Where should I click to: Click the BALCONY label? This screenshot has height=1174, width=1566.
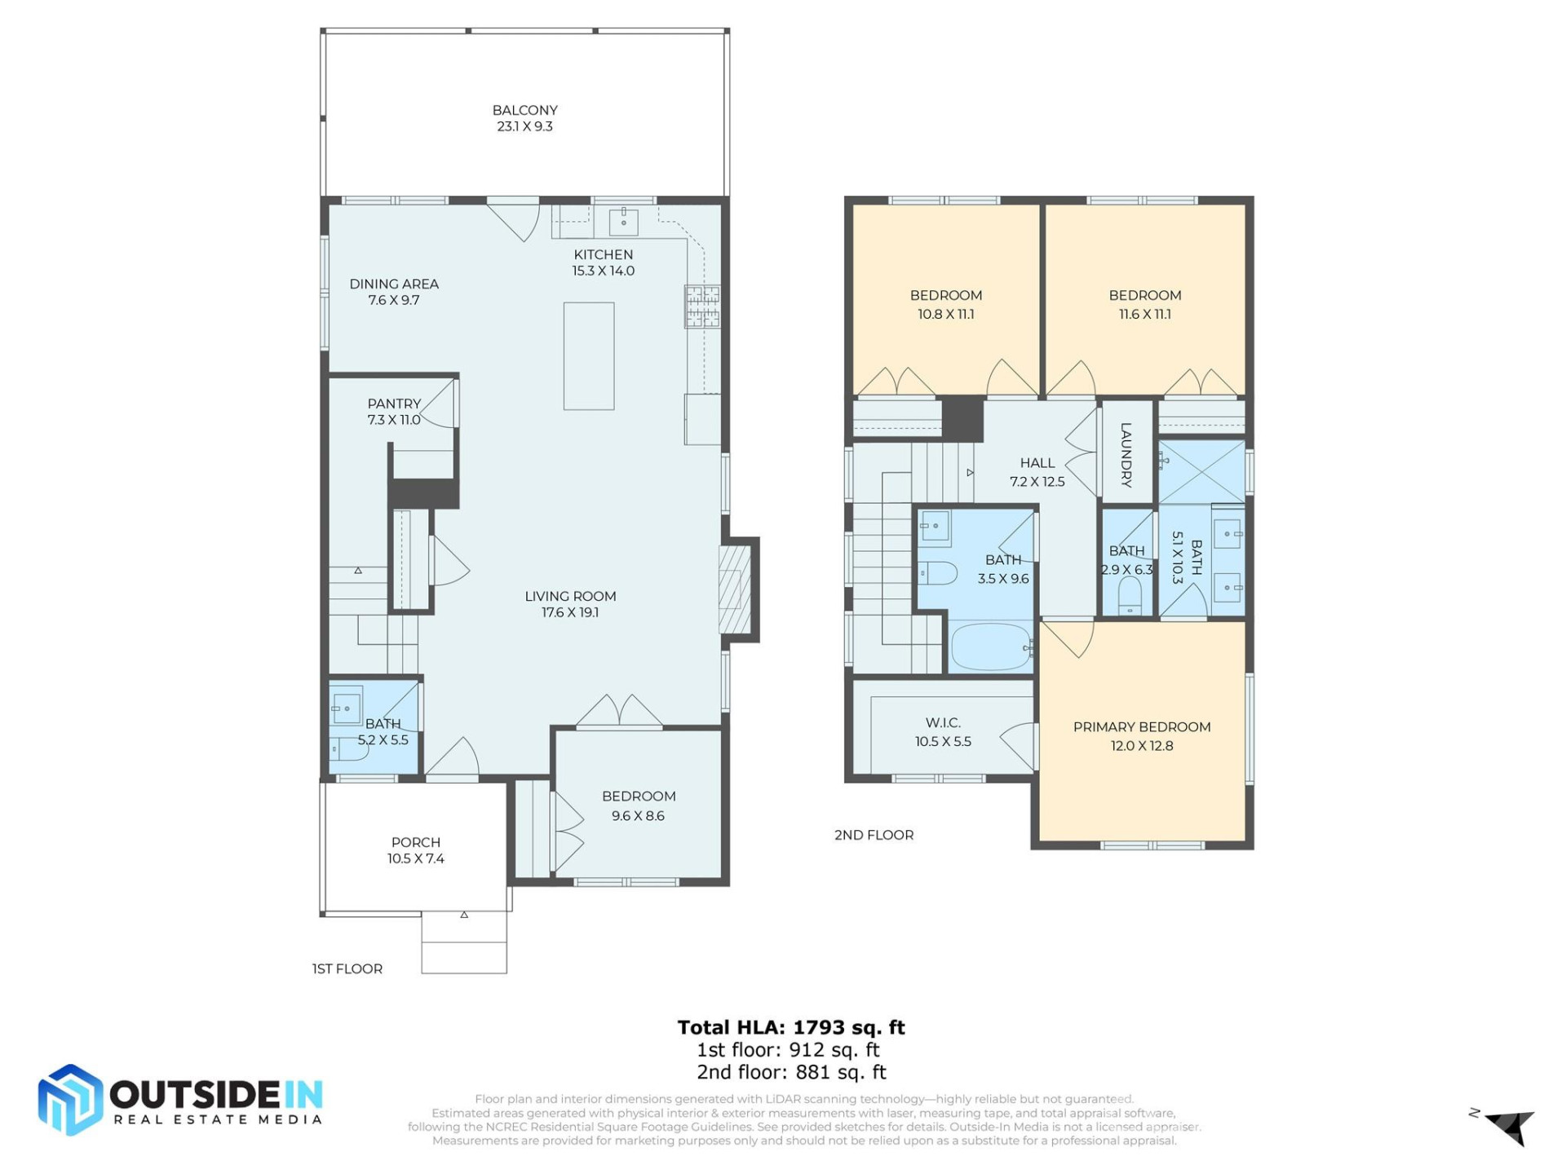tap(524, 111)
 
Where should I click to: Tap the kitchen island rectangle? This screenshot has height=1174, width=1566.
tap(589, 356)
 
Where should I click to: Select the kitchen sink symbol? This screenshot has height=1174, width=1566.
tap(624, 220)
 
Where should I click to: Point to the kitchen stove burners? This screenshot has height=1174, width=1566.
tap(702, 307)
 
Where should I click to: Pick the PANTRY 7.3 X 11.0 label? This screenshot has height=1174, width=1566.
tap(394, 412)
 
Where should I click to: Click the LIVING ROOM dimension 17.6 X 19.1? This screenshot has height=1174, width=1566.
tap(570, 613)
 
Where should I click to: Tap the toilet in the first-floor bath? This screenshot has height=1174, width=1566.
tap(349, 748)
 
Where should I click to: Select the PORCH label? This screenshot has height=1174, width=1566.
tap(415, 842)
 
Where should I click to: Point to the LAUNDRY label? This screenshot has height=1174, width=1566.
tap(1126, 454)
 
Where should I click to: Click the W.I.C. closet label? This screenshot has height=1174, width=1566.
tap(943, 723)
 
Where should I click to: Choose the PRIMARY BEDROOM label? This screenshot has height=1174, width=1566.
tap(1141, 727)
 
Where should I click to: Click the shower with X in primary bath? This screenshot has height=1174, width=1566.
tap(1201, 472)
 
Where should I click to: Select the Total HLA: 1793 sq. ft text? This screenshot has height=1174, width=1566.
tap(791, 1027)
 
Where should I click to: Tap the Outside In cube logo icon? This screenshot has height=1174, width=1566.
tap(70, 1100)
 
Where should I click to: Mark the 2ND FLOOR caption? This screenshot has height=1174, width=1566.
tap(874, 835)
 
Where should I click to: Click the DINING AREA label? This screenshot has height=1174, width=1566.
tap(394, 285)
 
